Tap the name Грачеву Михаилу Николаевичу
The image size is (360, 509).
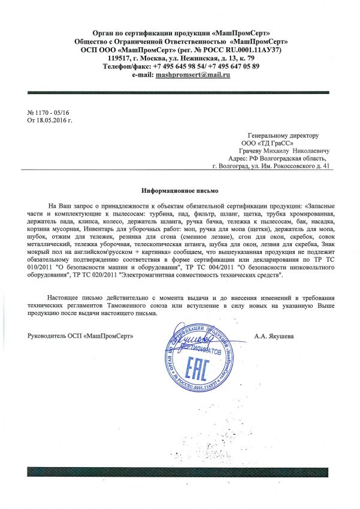point(274,152)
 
